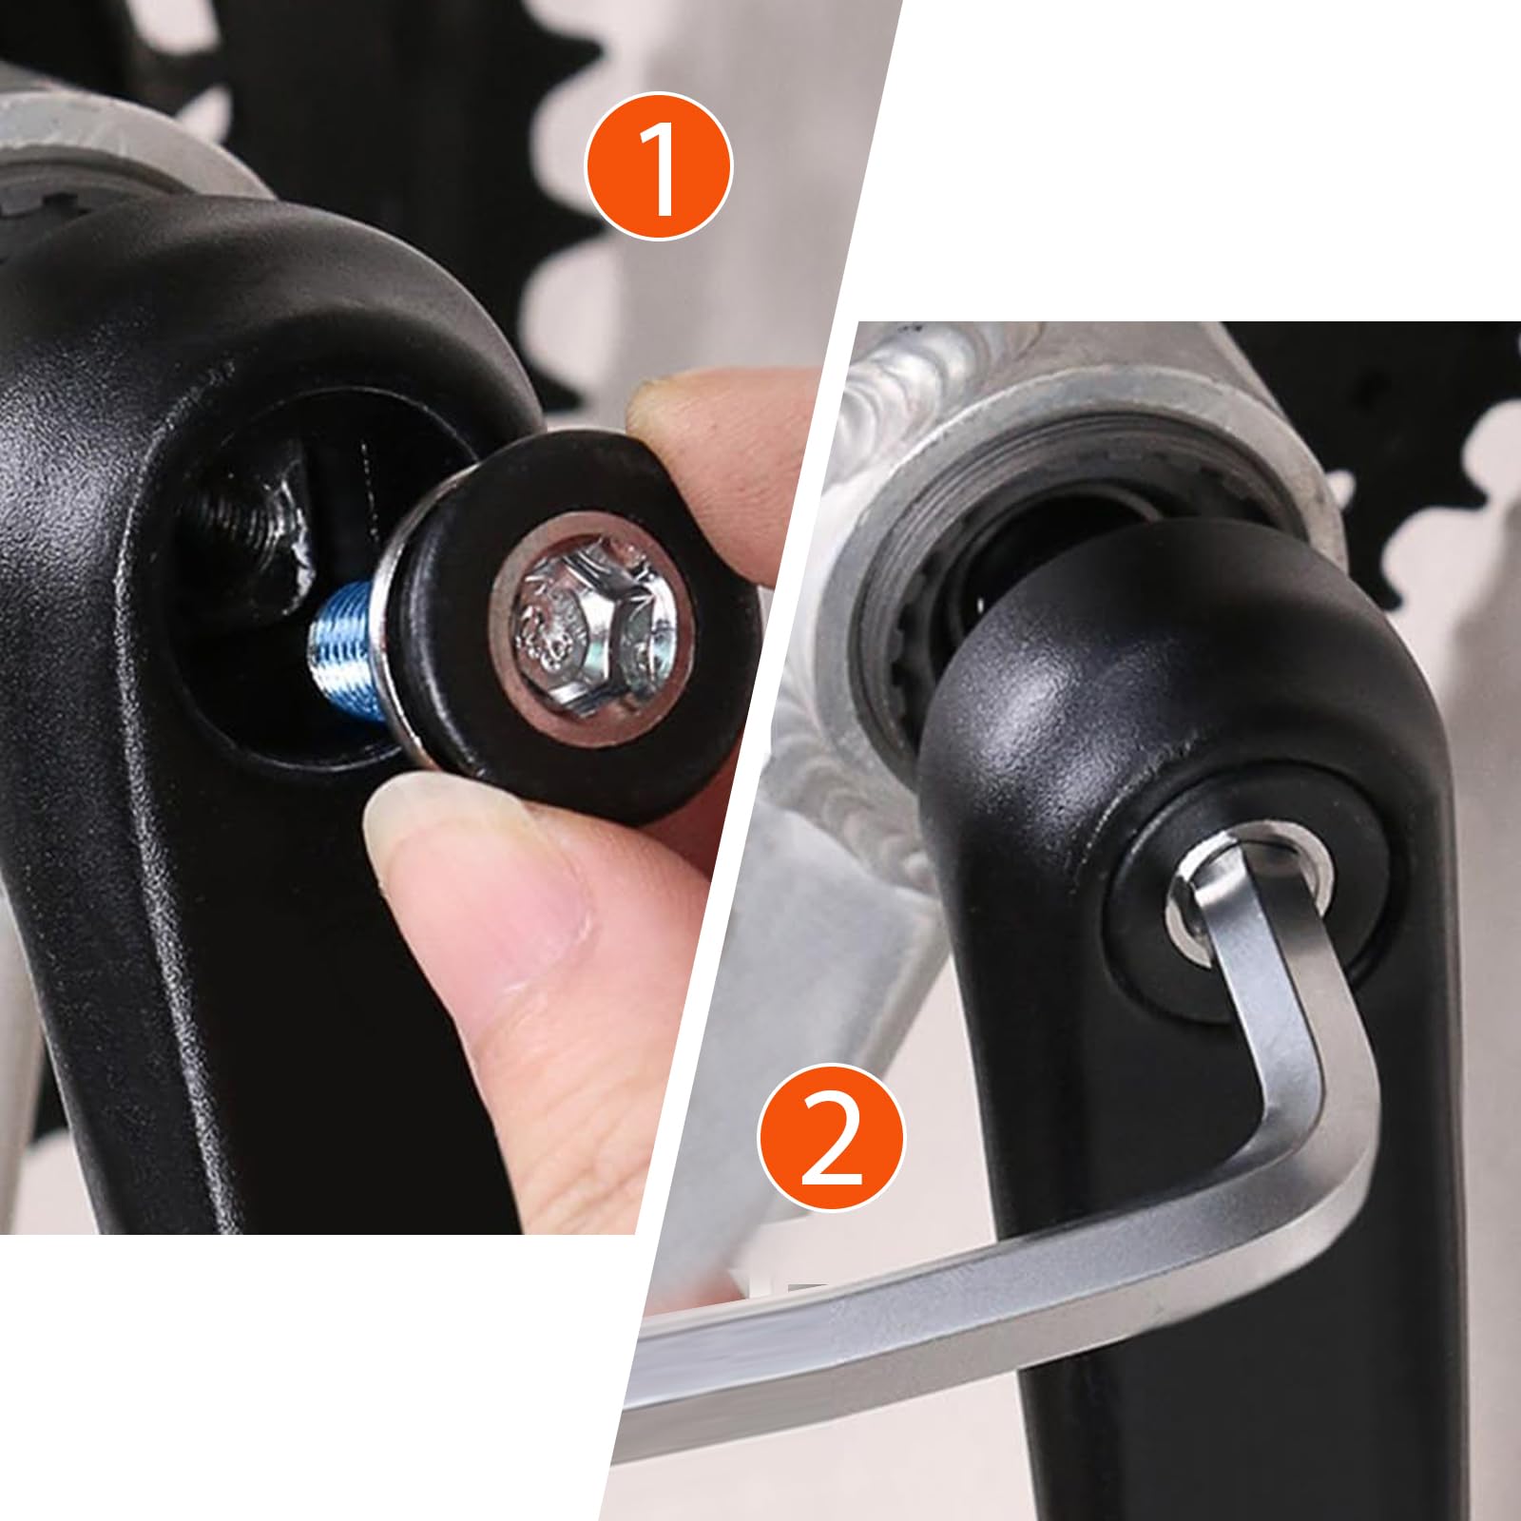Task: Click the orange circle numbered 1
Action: tap(658, 165)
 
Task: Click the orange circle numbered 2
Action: tap(832, 1137)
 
